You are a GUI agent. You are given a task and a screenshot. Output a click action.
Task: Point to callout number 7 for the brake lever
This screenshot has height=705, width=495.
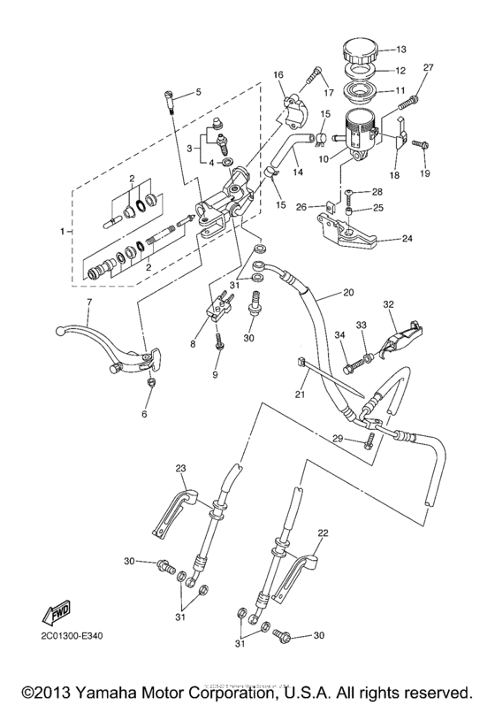coord(89,303)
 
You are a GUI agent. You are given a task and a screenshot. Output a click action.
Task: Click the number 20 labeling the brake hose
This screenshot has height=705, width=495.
coord(347,292)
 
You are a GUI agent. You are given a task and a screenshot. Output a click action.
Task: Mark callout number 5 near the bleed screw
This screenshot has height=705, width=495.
coord(198,91)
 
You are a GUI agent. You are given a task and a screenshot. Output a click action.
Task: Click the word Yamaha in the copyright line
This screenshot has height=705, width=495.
coord(157,690)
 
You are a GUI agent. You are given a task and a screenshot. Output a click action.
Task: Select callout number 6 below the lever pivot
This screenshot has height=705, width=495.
coord(145,412)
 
